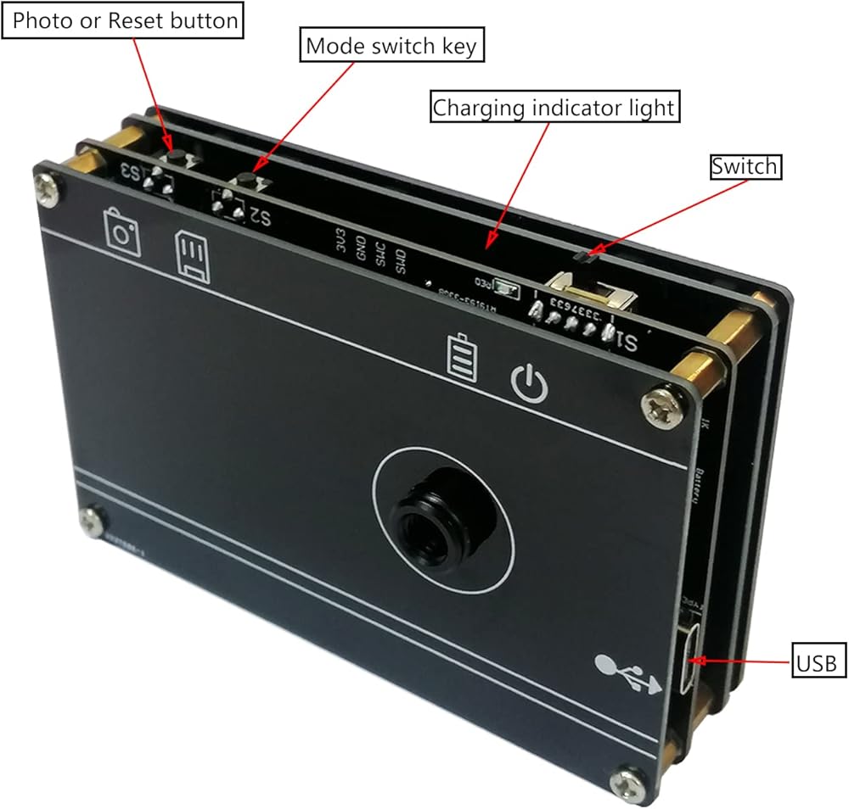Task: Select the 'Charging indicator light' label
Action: click(x=554, y=108)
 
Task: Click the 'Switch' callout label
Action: click(x=745, y=166)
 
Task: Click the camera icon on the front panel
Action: click(x=122, y=231)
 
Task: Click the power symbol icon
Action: click(x=530, y=384)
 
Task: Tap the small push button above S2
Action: click(x=247, y=180)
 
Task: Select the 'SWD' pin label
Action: click(x=402, y=265)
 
